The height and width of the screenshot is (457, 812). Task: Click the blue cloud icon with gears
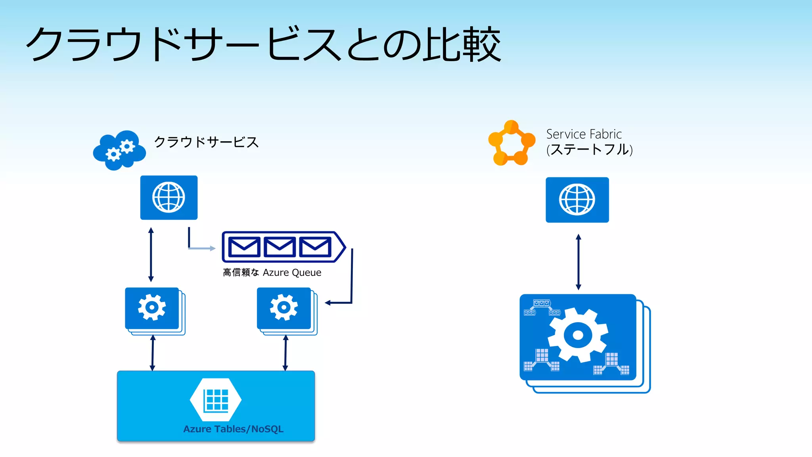pyautogui.click(x=119, y=150)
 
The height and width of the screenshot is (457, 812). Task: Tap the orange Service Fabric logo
pyautogui.click(x=511, y=143)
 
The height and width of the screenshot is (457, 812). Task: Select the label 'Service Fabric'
pyautogui.click(x=584, y=134)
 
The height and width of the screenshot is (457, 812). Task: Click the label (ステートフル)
pyautogui.click(x=589, y=150)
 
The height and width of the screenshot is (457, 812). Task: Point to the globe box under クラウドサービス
pyautogui.click(x=169, y=197)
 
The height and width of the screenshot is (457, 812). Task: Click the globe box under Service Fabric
pyautogui.click(x=577, y=200)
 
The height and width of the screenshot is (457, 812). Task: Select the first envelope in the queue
pyautogui.click(x=244, y=247)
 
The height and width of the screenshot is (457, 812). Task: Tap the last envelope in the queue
pyautogui.click(x=315, y=247)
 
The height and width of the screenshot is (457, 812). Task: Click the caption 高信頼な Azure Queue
pyautogui.click(x=272, y=273)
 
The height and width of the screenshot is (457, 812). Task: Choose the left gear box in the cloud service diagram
pyautogui.click(x=152, y=308)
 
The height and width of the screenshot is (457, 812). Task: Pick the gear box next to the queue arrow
pyautogui.click(x=284, y=308)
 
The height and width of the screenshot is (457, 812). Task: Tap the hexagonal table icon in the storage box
pyautogui.click(x=216, y=399)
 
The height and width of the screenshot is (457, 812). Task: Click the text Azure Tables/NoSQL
pyautogui.click(x=233, y=429)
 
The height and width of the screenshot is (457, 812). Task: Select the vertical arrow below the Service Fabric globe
pyautogui.click(x=578, y=262)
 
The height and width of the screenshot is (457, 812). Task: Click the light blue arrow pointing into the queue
pyautogui.click(x=201, y=248)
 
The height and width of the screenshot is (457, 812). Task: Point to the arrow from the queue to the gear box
pyautogui.click(x=351, y=286)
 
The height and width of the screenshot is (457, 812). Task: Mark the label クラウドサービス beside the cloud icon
pyautogui.click(x=206, y=142)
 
